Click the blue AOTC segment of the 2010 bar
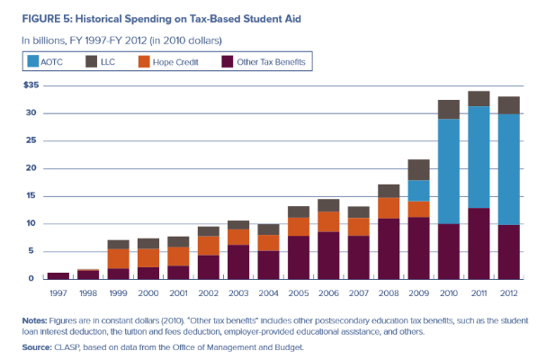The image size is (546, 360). pyautogui.click(x=448, y=171)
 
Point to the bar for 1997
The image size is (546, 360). pyautogui.click(x=58, y=274)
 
